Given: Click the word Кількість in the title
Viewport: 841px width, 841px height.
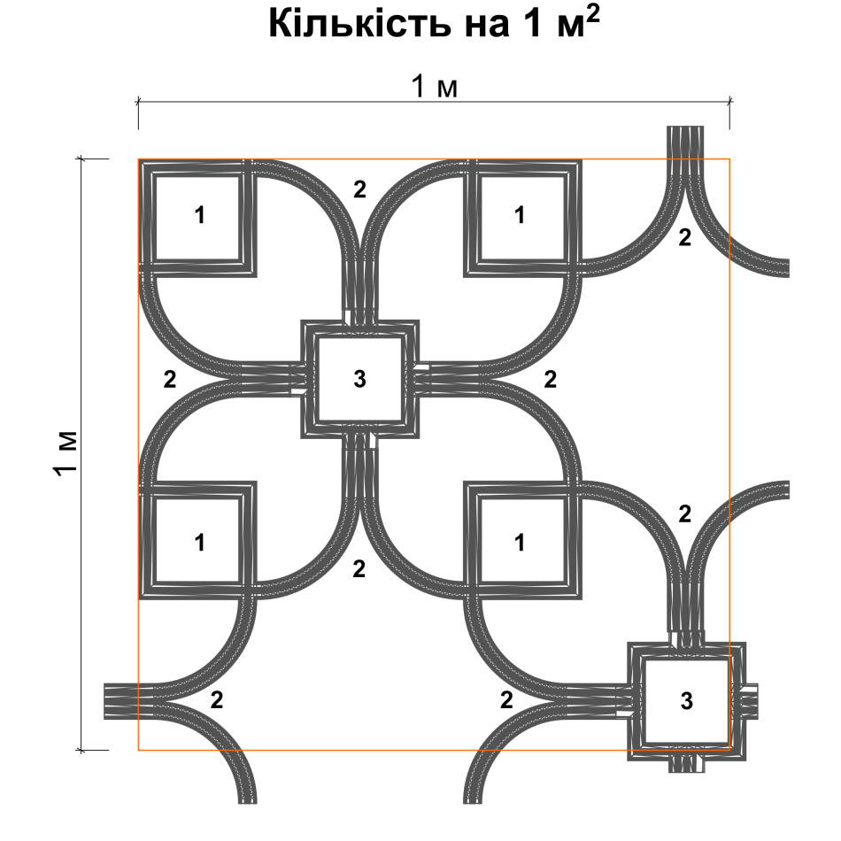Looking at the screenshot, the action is (x=360, y=25).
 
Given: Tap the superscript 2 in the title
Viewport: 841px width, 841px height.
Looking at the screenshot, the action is (x=592, y=16).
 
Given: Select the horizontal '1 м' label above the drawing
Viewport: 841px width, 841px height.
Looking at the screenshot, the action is (x=435, y=87).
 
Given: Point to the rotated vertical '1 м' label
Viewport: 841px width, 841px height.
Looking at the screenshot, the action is (x=66, y=453).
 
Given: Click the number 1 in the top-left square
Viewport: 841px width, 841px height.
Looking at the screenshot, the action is (x=199, y=216).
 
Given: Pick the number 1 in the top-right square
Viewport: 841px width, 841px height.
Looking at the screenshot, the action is (x=519, y=216).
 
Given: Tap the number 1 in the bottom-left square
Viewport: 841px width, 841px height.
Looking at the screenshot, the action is (x=199, y=543).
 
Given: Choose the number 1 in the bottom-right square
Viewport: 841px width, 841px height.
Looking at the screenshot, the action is (x=519, y=543).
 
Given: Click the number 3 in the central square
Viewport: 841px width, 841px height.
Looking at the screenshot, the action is (x=360, y=379).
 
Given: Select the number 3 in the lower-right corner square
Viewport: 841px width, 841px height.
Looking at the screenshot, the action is (x=687, y=701).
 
